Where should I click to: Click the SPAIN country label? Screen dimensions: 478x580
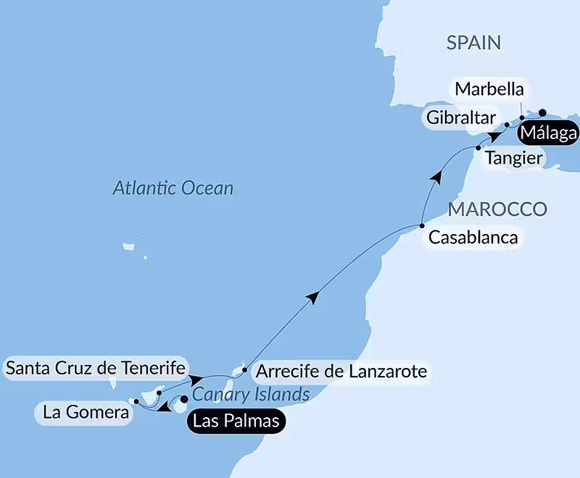point(474,43)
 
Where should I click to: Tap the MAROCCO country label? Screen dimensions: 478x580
point(497,209)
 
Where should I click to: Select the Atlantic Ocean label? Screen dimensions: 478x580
point(173,189)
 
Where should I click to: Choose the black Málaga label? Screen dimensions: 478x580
point(547,134)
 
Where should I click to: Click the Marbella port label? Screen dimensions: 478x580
point(488,90)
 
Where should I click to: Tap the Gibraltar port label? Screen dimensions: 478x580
point(461,117)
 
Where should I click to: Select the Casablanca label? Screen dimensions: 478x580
point(474,238)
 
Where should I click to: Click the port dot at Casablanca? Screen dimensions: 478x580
point(423,227)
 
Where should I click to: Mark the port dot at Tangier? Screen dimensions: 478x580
point(478,148)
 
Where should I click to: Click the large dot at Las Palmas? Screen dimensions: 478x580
point(184,398)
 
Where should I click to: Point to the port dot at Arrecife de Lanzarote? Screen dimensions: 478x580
point(244,370)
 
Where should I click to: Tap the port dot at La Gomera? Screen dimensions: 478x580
point(136,400)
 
